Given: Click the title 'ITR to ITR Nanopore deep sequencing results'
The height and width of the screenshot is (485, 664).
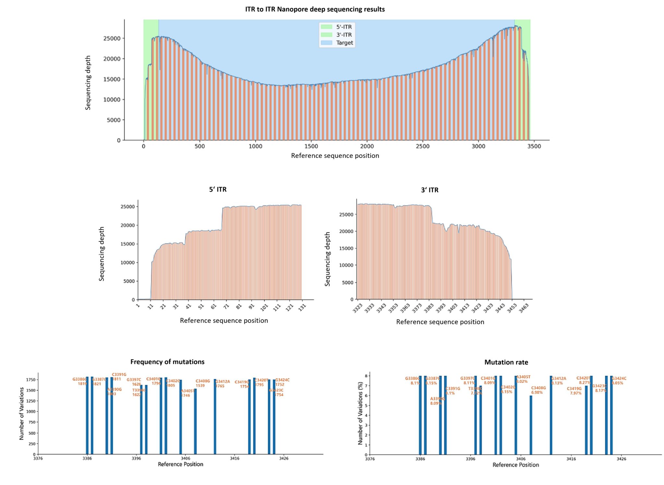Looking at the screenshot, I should pyautogui.click(x=314, y=9).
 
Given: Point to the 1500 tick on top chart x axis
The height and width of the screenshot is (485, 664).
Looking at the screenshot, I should pyautogui.click(x=311, y=146).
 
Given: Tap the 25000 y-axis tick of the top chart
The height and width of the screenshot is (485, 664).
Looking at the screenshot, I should pyautogui.click(x=112, y=38).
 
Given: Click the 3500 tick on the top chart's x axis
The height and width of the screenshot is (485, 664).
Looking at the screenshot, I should pyautogui.click(x=534, y=146).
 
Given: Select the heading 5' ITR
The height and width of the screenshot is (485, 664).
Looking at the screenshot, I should pyautogui.click(x=218, y=190).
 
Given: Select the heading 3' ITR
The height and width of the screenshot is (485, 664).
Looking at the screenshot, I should pyautogui.click(x=430, y=190).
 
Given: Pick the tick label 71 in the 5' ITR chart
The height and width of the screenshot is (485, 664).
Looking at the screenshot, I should pyautogui.click(x=226, y=306).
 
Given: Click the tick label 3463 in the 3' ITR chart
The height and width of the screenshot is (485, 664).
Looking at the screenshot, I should pyautogui.click(x=524, y=308).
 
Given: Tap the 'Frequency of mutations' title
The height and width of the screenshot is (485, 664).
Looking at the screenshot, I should pyautogui.click(x=167, y=362).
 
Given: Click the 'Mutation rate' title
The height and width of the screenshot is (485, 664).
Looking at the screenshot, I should pyautogui.click(x=506, y=362).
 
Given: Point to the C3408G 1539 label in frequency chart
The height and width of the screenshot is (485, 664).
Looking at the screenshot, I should pyautogui.click(x=202, y=383).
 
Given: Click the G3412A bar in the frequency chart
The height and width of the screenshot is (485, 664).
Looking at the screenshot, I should pyautogui.click(x=215, y=418).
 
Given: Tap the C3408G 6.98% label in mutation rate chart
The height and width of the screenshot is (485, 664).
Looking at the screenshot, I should pyautogui.click(x=538, y=390).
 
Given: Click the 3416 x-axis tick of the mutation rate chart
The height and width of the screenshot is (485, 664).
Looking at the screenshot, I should pyautogui.click(x=571, y=459).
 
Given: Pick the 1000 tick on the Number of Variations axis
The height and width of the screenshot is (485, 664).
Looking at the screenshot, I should pyautogui.click(x=31, y=411).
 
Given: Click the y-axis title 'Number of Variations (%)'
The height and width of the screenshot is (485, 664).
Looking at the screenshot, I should pyautogui.click(x=360, y=413).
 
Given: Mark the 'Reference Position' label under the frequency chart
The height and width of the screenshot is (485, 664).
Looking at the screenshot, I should pyautogui.click(x=180, y=464).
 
